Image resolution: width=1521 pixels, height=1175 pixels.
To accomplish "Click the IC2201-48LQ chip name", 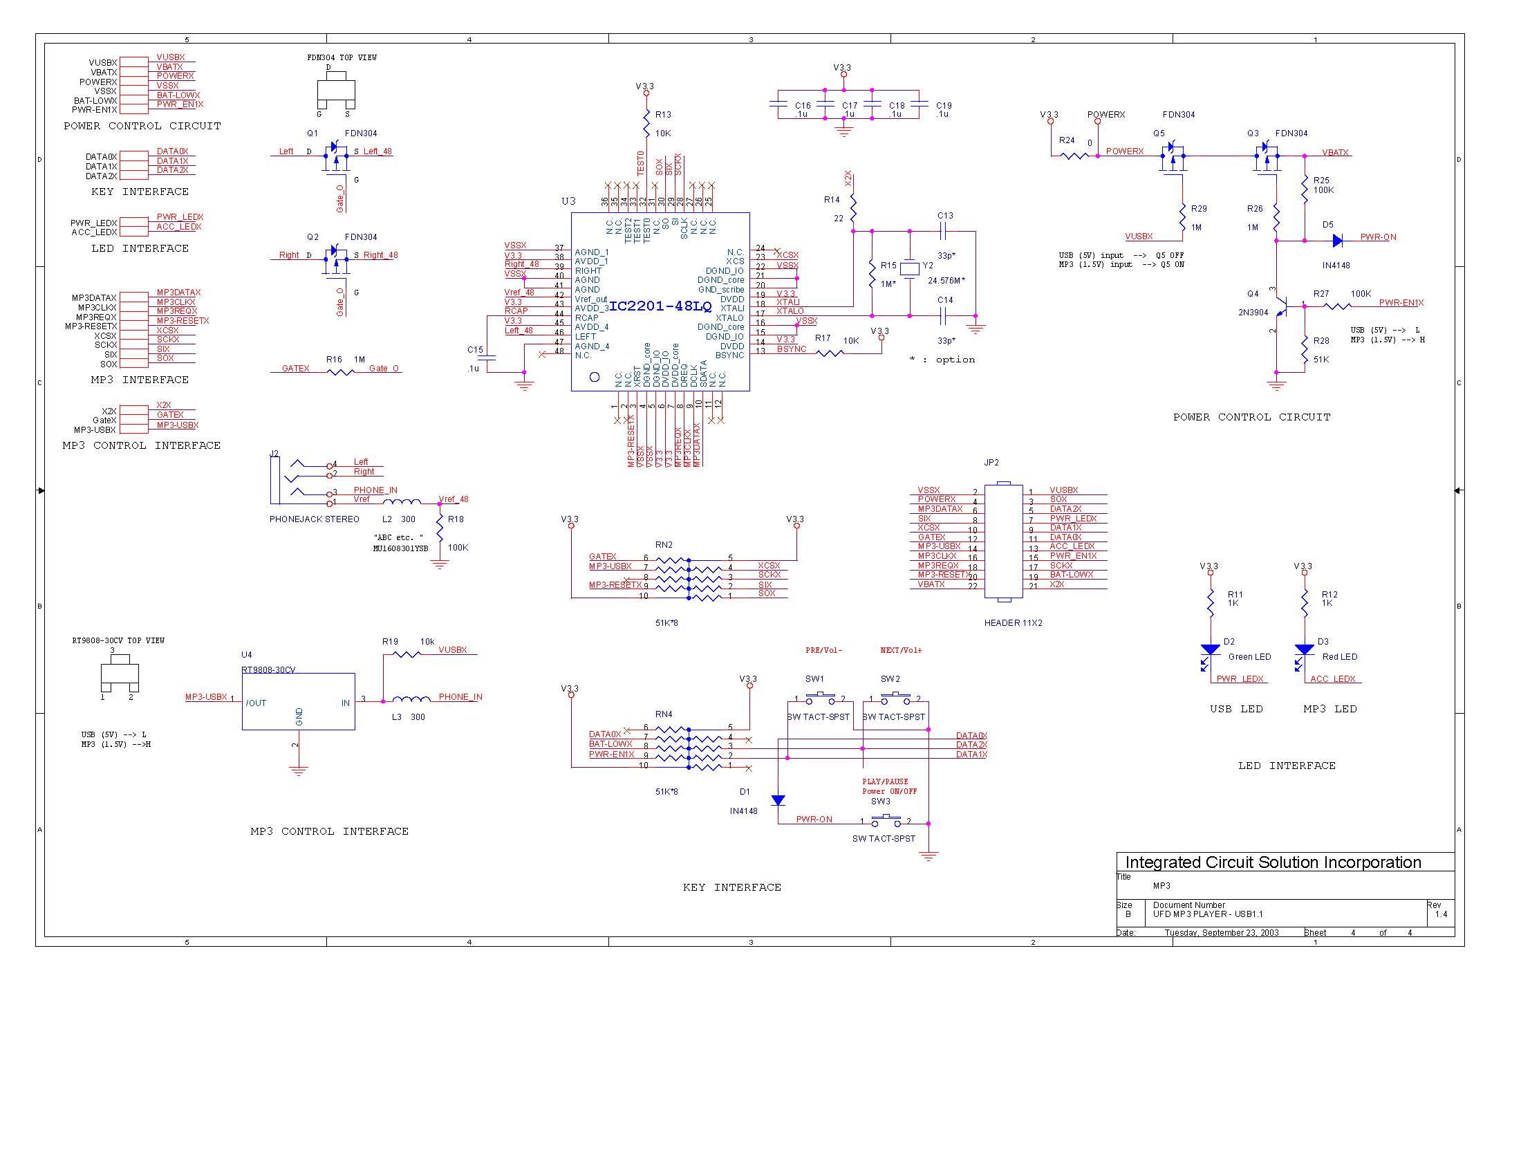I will pos(660,306).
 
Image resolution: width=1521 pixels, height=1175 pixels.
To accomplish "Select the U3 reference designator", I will pos(568,201).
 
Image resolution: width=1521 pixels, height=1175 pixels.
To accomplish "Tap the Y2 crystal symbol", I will pos(910,268).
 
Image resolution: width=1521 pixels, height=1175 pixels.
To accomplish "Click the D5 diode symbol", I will pos(1336,241).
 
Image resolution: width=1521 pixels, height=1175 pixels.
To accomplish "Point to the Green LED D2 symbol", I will pos(1211,650).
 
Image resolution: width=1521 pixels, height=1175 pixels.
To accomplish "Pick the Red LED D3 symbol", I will pos(1304,650).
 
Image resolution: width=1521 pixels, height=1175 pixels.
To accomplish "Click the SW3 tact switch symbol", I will pos(886,820).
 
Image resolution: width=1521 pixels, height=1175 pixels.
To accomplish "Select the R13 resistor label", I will pos(663,114).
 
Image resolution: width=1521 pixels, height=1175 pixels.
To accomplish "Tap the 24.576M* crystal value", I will pos(946,281).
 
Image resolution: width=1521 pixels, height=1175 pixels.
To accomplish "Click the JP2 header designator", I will pos(991,463).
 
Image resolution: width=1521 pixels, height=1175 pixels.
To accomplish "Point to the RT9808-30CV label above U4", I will pos(268,670).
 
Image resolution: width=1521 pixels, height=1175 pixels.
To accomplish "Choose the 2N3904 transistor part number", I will pos(1253,313).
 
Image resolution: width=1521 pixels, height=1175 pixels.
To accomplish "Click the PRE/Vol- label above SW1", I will pos(824,651).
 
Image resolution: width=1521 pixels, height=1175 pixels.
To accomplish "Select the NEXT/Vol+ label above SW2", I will pos(900,651).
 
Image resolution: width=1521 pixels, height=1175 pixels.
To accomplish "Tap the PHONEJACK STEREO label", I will pos(314,519).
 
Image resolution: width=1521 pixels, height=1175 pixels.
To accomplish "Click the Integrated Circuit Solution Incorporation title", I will pos(1272,862).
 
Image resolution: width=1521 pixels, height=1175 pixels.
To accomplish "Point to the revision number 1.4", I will pos(1441,914).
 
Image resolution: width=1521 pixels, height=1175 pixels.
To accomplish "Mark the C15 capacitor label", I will pos(475,350).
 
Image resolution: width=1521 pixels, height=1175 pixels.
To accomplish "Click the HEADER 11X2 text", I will pos(1013,623).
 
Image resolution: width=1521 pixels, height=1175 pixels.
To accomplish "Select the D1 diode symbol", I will pos(778,801).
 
